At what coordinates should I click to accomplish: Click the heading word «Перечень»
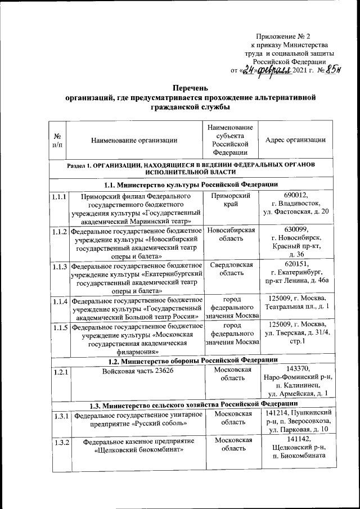pos(190,88)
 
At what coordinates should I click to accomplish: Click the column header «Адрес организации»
pos(295,140)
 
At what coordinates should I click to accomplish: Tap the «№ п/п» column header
pos(57,140)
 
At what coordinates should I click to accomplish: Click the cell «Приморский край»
pos(231,201)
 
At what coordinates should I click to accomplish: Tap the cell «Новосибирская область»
pos(231,235)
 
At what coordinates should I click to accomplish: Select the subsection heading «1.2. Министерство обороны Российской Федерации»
pos(190,359)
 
